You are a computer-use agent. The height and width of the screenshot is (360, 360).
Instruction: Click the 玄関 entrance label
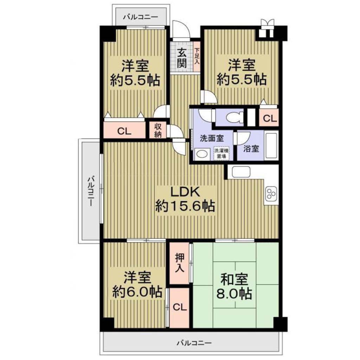182,59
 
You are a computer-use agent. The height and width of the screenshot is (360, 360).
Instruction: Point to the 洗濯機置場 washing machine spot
220,154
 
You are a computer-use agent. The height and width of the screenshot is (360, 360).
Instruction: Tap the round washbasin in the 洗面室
202,154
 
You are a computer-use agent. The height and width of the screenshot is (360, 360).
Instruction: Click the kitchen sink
240,172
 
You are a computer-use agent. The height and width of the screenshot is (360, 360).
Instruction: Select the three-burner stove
271,194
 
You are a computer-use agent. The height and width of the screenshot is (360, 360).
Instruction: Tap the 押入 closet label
179,263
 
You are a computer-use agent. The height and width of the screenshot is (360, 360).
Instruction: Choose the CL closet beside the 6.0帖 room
180,307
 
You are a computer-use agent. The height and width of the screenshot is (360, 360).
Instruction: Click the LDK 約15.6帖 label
185,198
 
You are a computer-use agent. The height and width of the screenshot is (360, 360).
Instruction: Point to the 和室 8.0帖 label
234,286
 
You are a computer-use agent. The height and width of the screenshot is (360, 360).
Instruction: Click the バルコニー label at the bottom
194,343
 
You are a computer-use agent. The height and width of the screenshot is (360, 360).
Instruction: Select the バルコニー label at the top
141,17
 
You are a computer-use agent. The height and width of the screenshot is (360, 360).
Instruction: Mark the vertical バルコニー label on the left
91,191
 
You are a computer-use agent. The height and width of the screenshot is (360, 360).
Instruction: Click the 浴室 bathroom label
251,149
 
